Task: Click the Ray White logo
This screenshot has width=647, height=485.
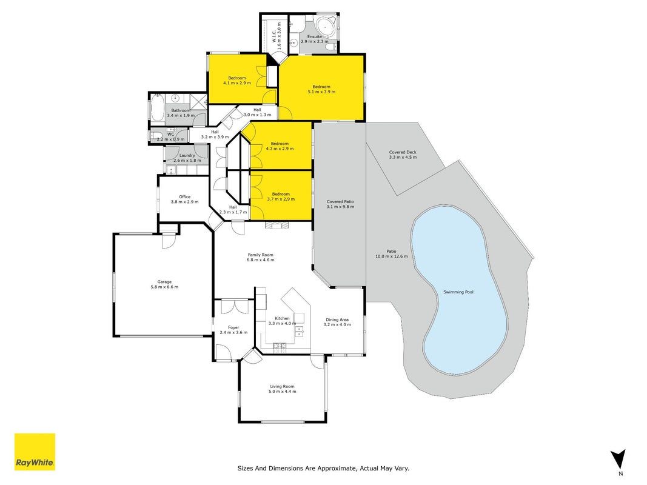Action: click(35, 452)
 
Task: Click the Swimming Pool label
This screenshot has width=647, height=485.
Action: click(458, 292)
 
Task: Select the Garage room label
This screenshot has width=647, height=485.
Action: click(164, 282)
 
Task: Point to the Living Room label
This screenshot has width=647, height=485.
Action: click(282, 386)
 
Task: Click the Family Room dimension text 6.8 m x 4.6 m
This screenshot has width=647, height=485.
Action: click(260, 260)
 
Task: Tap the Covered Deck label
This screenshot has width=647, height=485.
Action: click(403, 152)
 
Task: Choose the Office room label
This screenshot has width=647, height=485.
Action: click(184, 196)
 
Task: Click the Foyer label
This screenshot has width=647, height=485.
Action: click(233, 327)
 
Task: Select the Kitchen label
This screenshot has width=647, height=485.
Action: click(282, 318)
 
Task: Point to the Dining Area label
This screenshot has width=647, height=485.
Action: click(337, 319)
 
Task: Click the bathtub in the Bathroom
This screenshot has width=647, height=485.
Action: click(157, 108)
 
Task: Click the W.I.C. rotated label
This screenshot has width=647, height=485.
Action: click(274, 36)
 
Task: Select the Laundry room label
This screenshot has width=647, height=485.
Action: click(187, 155)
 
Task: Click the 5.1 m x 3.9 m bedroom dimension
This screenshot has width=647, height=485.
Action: click(321, 92)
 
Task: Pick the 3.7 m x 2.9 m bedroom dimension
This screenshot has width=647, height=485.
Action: click(281, 199)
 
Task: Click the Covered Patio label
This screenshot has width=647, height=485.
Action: click(340, 202)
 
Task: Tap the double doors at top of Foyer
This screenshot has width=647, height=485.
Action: click(233, 306)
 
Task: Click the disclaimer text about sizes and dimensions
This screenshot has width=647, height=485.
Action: click(323, 468)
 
